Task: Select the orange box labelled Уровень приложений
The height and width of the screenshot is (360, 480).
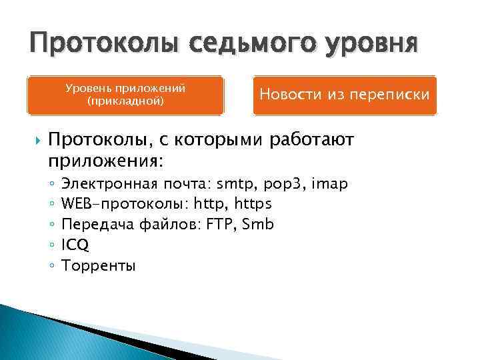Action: (x=125, y=95)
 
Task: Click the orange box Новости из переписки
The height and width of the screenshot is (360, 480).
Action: (x=344, y=95)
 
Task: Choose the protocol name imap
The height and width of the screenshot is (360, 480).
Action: (x=330, y=183)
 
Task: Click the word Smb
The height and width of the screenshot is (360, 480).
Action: (x=258, y=224)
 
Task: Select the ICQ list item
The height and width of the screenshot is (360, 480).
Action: (x=75, y=245)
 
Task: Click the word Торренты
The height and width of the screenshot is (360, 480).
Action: (x=98, y=265)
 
